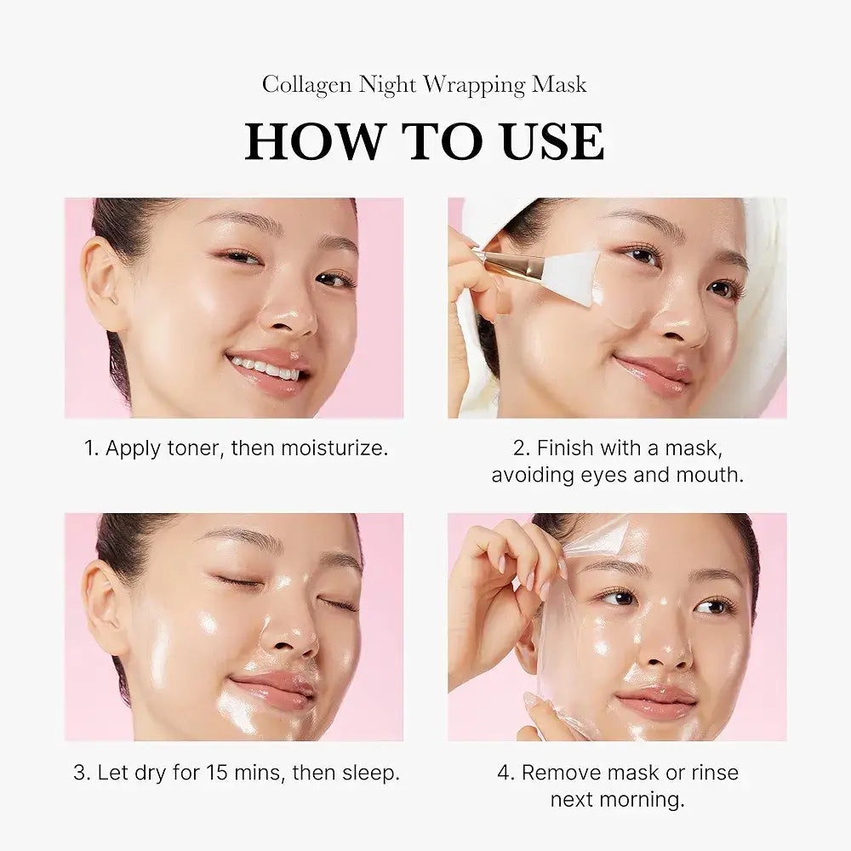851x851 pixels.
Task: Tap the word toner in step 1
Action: point(192,448)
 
